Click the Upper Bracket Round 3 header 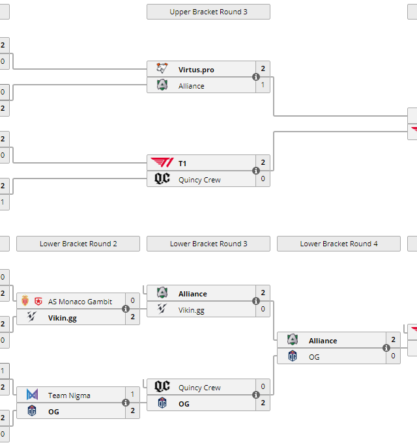click(x=208, y=12)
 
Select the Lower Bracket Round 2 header click(x=78, y=244)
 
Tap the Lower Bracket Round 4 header click(x=339, y=244)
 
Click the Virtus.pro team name click(x=196, y=70)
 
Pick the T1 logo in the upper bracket click(x=162, y=163)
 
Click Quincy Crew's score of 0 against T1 click(x=263, y=179)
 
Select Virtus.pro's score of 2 click(x=263, y=69)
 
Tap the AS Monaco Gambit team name click(x=80, y=302)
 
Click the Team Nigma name click(x=69, y=395)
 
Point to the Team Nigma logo click(x=32, y=395)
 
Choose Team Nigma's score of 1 click(x=133, y=395)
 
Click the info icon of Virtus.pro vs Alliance click(x=256, y=77)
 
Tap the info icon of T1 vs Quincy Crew click(x=256, y=171)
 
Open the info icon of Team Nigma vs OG click(x=126, y=403)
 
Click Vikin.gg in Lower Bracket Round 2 click(x=63, y=318)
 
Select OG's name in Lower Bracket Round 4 click(x=314, y=357)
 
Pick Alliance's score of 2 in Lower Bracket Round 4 click(x=394, y=340)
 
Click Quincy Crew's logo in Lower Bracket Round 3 click(x=162, y=387)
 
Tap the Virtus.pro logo click(x=162, y=69)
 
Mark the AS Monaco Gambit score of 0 click(x=133, y=301)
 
